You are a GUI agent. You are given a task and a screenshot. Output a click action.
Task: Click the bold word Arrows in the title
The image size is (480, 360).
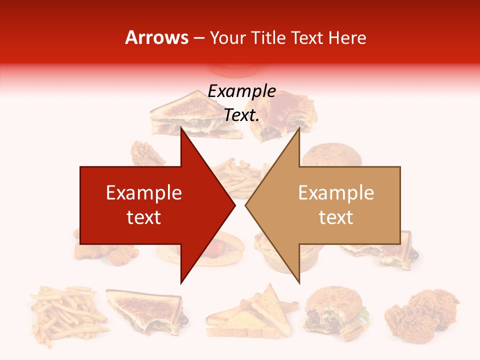point(156,37)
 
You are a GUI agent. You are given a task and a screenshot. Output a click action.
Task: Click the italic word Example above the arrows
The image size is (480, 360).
point(241,91)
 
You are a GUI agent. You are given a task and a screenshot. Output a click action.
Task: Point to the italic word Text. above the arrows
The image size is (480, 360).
point(241,115)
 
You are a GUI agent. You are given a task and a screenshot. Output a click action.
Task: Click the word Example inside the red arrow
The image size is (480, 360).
point(144,192)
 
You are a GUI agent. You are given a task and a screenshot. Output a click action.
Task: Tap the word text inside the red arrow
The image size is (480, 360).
point(144,217)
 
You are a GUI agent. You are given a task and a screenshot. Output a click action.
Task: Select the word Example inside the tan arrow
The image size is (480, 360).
point(336,192)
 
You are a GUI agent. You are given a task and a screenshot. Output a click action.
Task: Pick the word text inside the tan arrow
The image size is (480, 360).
point(336,217)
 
